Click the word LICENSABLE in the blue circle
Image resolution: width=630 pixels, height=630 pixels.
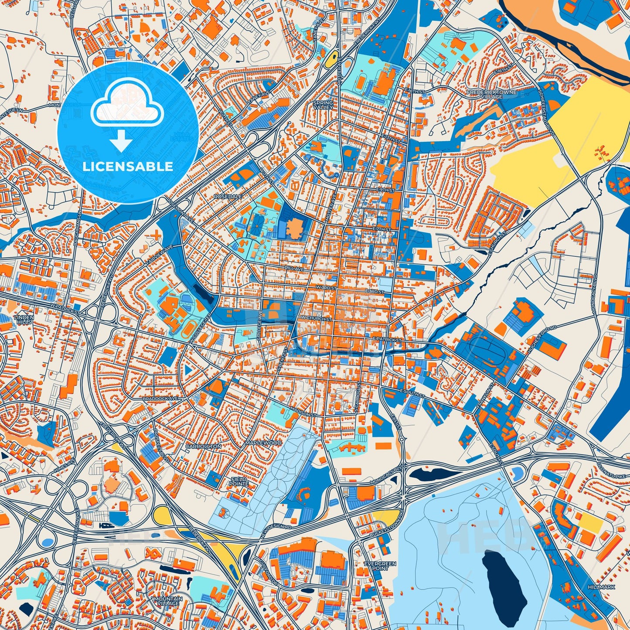pos(128,167)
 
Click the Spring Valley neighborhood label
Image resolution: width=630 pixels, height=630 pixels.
pos(323,105)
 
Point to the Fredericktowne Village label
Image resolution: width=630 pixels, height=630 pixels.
pos(492,94)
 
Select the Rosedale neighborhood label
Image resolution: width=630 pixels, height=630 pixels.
pos(228,197)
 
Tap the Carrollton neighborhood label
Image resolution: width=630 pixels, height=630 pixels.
pos(203,446)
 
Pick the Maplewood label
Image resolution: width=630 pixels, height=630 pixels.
pos(263,443)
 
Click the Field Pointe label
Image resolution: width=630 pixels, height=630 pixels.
pos(239,481)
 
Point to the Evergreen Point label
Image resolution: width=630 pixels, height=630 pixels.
pos(380,566)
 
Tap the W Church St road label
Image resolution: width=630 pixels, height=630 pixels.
pos(316,319)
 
